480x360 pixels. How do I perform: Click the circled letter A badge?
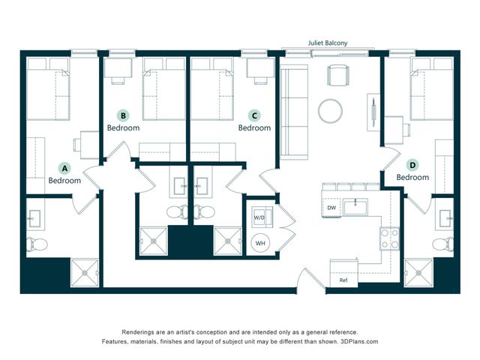(x=64, y=168)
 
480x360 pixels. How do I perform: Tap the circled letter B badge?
(x=123, y=115)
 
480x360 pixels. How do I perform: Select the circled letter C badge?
(x=254, y=115)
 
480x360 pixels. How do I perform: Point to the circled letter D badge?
(x=412, y=165)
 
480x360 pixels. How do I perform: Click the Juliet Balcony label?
(x=328, y=43)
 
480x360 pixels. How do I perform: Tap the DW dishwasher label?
(x=331, y=208)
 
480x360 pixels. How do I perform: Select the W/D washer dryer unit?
(x=262, y=217)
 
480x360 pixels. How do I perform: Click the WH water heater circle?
(x=260, y=243)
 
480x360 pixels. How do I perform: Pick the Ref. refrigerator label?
(x=343, y=280)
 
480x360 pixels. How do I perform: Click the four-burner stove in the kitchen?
(x=390, y=238)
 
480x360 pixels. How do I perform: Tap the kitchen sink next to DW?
(x=355, y=207)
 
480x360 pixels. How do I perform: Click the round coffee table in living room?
(x=330, y=111)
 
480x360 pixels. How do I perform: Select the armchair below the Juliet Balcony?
(x=338, y=75)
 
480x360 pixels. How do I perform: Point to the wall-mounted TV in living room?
(x=373, y=112)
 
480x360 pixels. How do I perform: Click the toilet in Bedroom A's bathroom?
(x=37, y=244)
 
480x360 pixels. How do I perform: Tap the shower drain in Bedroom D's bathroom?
(x=418, y=273)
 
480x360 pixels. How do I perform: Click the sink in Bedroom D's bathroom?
(x=445, y=218)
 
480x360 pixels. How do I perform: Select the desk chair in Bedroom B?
(x=118, y=80)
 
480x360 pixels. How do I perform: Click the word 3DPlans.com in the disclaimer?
(x=359, y=341)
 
